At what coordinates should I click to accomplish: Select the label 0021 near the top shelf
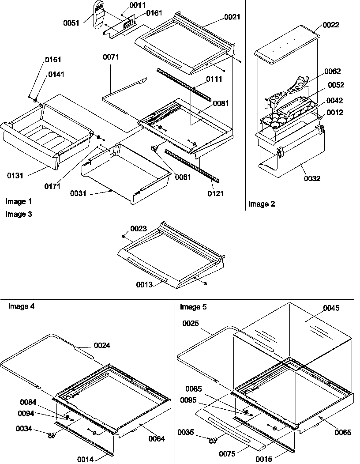(232, 17)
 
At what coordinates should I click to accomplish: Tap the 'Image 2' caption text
(262, 204)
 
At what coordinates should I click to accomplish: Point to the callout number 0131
(15, 176)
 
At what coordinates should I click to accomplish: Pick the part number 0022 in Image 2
(331, 25)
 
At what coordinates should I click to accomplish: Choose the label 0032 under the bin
(312, 179)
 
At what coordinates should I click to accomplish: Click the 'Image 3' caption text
(19, 214)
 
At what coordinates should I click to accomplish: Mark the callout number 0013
(144, 285)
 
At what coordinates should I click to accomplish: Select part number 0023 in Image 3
(138, 229)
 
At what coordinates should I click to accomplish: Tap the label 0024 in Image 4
(102, 346)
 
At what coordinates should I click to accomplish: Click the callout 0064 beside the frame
(157, 438)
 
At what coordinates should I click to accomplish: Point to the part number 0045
(331, 308)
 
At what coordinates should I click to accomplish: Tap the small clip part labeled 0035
(213, 440)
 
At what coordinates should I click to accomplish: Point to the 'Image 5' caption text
(193, 306)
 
